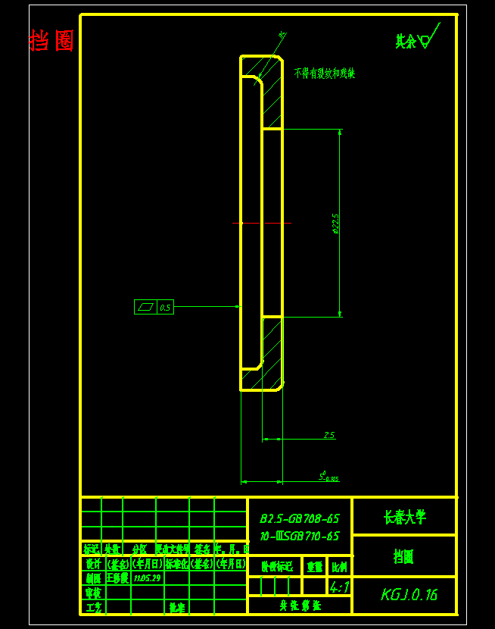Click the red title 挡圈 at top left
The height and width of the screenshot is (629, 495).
click(51, 40)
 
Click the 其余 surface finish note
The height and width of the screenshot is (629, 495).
click(406, 41)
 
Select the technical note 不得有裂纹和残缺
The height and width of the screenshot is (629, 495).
click(325, 74)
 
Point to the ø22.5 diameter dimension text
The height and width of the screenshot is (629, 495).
click(335, 223)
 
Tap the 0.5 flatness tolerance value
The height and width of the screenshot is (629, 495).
click(165, 307)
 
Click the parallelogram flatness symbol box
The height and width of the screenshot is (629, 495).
click(145, 307)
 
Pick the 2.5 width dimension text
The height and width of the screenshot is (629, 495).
click(328, 435)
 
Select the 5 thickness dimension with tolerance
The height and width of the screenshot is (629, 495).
click(328, 477)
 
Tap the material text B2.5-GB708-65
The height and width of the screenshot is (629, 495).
click(300, 519)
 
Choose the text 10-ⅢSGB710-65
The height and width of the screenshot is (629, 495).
click(300, 536)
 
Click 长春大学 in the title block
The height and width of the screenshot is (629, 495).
click(404, 517)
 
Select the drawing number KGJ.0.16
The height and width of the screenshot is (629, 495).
click(409, 595)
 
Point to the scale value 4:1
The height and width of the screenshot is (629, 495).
click(339, 587)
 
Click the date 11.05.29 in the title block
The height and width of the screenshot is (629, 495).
click(146, 577)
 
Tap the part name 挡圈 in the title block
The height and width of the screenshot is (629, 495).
click(403, 557)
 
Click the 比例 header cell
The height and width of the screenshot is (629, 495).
click(340, 566)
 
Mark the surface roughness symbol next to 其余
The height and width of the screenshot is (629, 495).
click(428, 38)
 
